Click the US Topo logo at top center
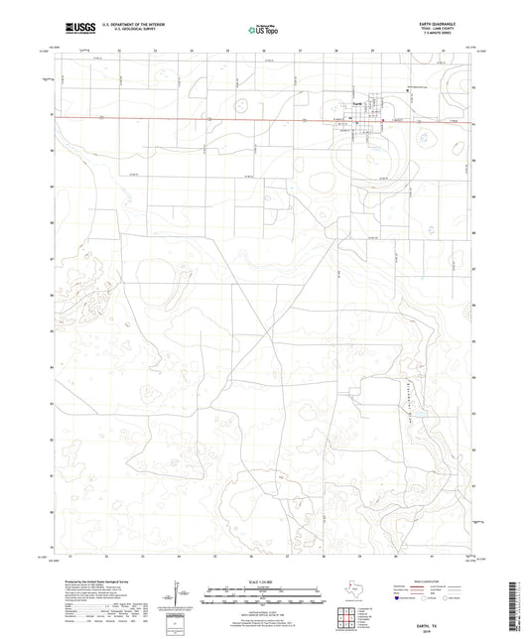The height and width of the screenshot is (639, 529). click(260, 31)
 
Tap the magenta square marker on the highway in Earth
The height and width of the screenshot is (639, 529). click(348, 121)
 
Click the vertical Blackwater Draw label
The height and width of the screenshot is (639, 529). click(406, 387)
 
